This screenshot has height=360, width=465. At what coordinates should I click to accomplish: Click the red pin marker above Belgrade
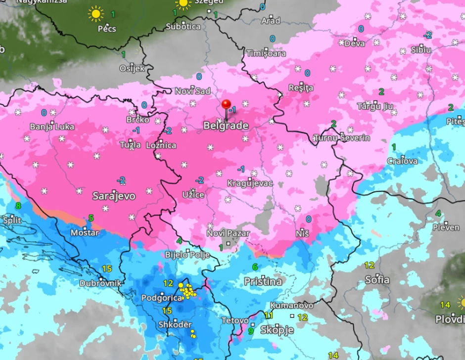coord(227,105)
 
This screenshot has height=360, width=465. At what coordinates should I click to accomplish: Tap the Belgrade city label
coord(226,126)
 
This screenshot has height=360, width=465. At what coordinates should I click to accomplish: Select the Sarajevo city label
coord(114,196)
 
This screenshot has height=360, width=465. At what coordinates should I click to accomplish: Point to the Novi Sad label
coord(192,91)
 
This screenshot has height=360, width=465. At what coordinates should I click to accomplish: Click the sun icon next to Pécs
coord(96,14)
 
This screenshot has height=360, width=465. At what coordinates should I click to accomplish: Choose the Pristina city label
coord(263,282)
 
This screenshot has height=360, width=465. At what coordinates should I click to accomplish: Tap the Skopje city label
coord(277,330)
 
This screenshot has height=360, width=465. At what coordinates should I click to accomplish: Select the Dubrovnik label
coord(100,283)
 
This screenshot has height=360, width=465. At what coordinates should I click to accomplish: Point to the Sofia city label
coord(377,279)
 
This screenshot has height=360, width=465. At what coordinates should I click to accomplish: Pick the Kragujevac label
coord(250,183)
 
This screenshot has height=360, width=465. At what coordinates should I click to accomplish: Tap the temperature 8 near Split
coord(18,206)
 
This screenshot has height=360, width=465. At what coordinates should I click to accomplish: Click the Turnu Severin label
coord(342,138)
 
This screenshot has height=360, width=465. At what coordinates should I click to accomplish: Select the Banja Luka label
coord(52,127)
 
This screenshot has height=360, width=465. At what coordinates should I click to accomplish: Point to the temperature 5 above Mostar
coord(91,218)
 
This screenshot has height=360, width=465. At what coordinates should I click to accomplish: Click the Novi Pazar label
coord(228,233)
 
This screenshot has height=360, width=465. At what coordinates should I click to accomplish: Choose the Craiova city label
coord(402,161)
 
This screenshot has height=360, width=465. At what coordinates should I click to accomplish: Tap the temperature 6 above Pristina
coord(255,267)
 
